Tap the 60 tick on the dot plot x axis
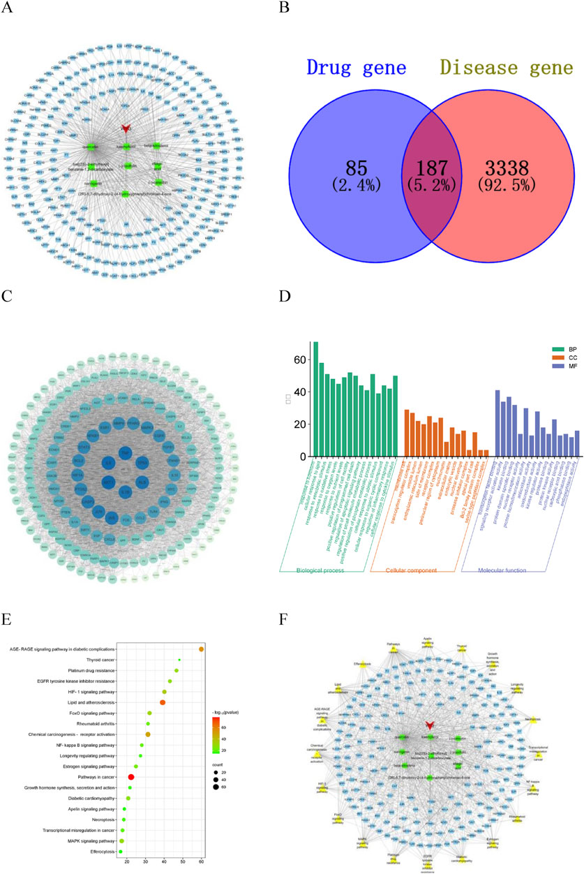[202, 864]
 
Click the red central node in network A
[126, 128]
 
